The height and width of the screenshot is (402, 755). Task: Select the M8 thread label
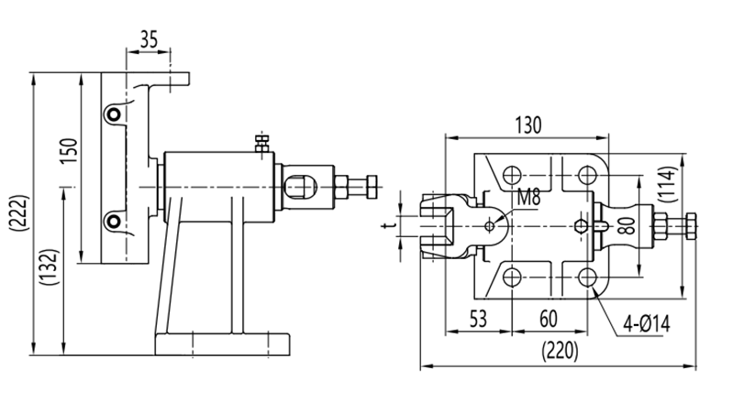tap(528, 196)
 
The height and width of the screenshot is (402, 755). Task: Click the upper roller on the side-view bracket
tap(112, 114)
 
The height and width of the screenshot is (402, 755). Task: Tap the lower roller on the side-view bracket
tap(112, 220)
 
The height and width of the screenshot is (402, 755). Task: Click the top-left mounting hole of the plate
tap(513, 173)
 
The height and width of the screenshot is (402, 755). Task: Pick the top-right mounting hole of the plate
tap(585, 173)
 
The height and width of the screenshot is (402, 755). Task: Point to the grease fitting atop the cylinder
tap(261, 143)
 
